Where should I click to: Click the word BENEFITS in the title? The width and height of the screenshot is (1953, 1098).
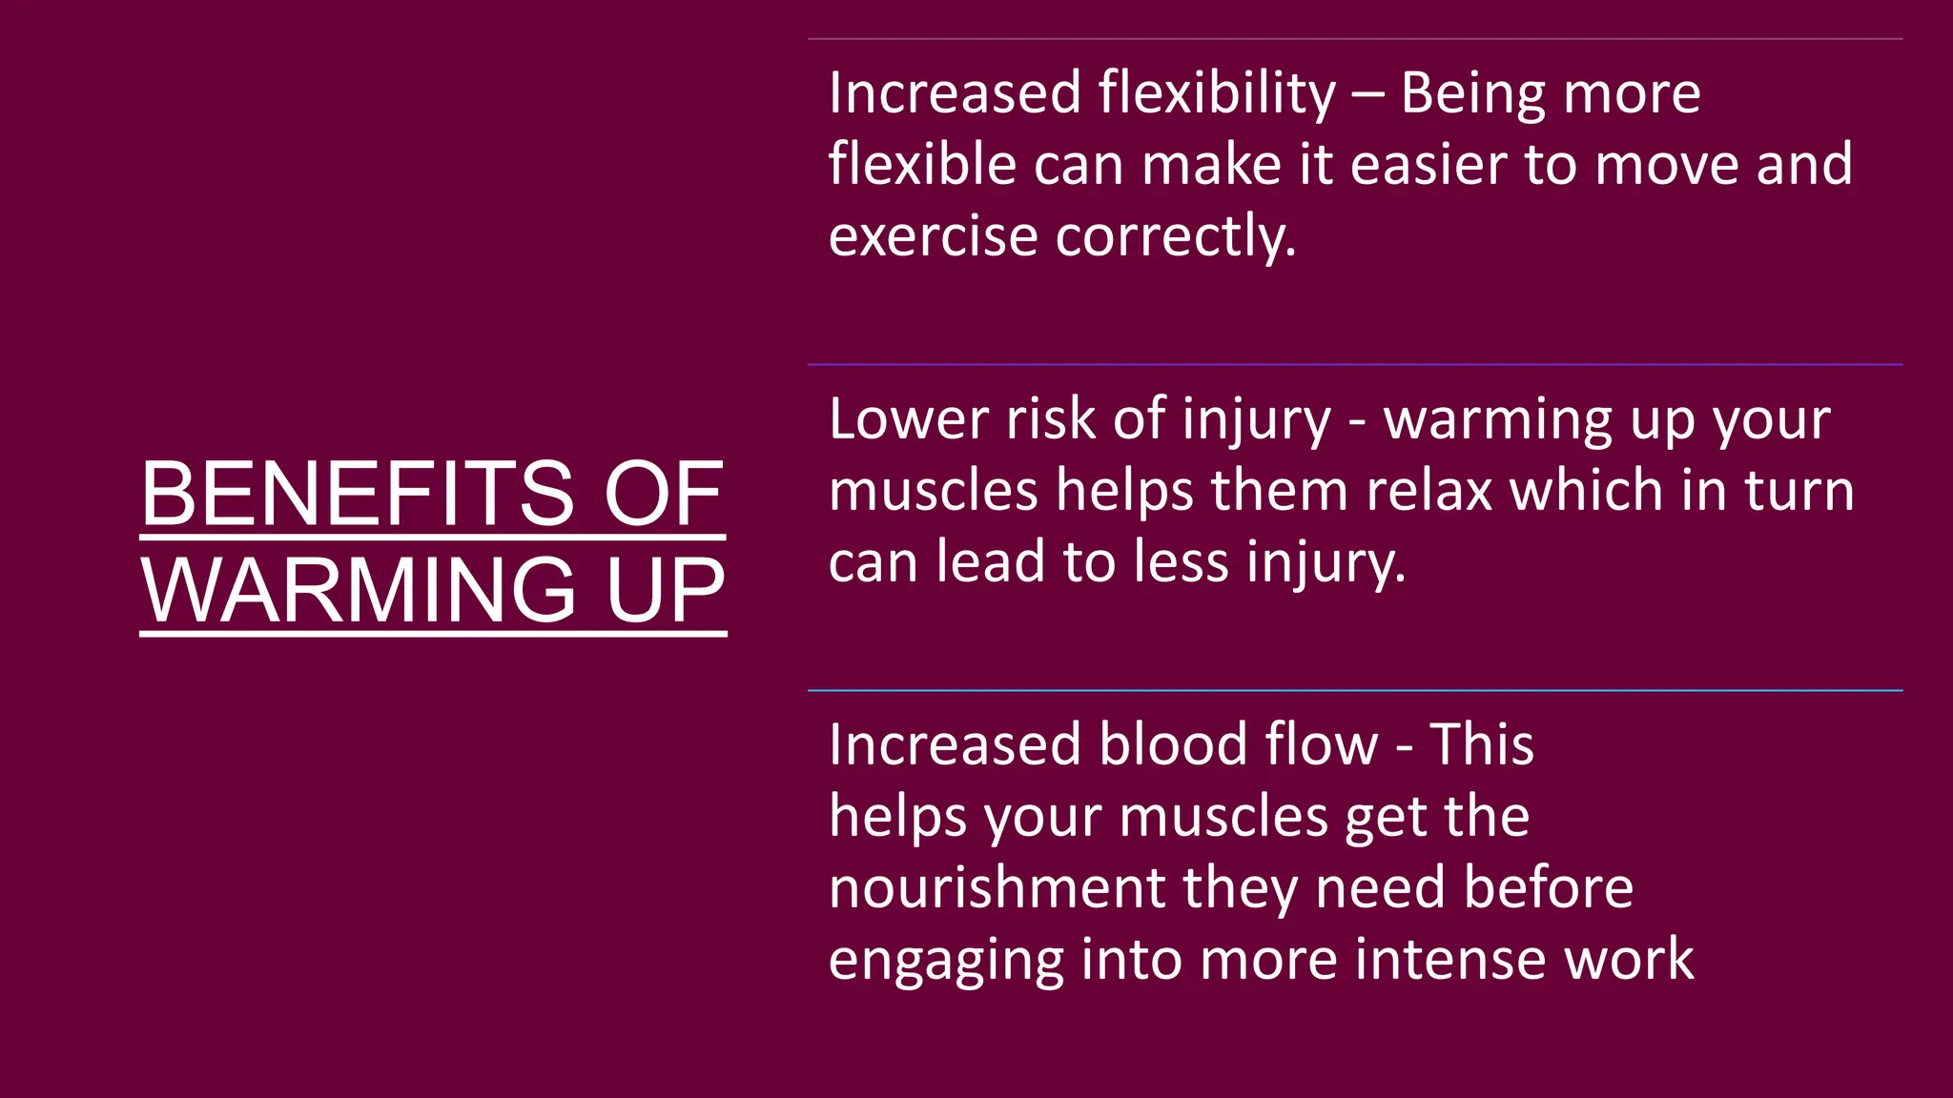coord(358,494)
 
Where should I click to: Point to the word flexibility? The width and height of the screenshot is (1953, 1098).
coord(1217,93)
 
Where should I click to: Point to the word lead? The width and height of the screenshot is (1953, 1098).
coord(991,561)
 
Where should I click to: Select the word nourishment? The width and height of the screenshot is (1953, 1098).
coord(997,887)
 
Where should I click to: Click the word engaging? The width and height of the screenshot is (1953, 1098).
coord(945,961)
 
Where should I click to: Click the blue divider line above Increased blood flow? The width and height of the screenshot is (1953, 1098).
coord(1354,690)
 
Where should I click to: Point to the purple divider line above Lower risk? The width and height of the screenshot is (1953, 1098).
coord(1354,364)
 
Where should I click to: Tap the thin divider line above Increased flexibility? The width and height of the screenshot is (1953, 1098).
coord(1354,39)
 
